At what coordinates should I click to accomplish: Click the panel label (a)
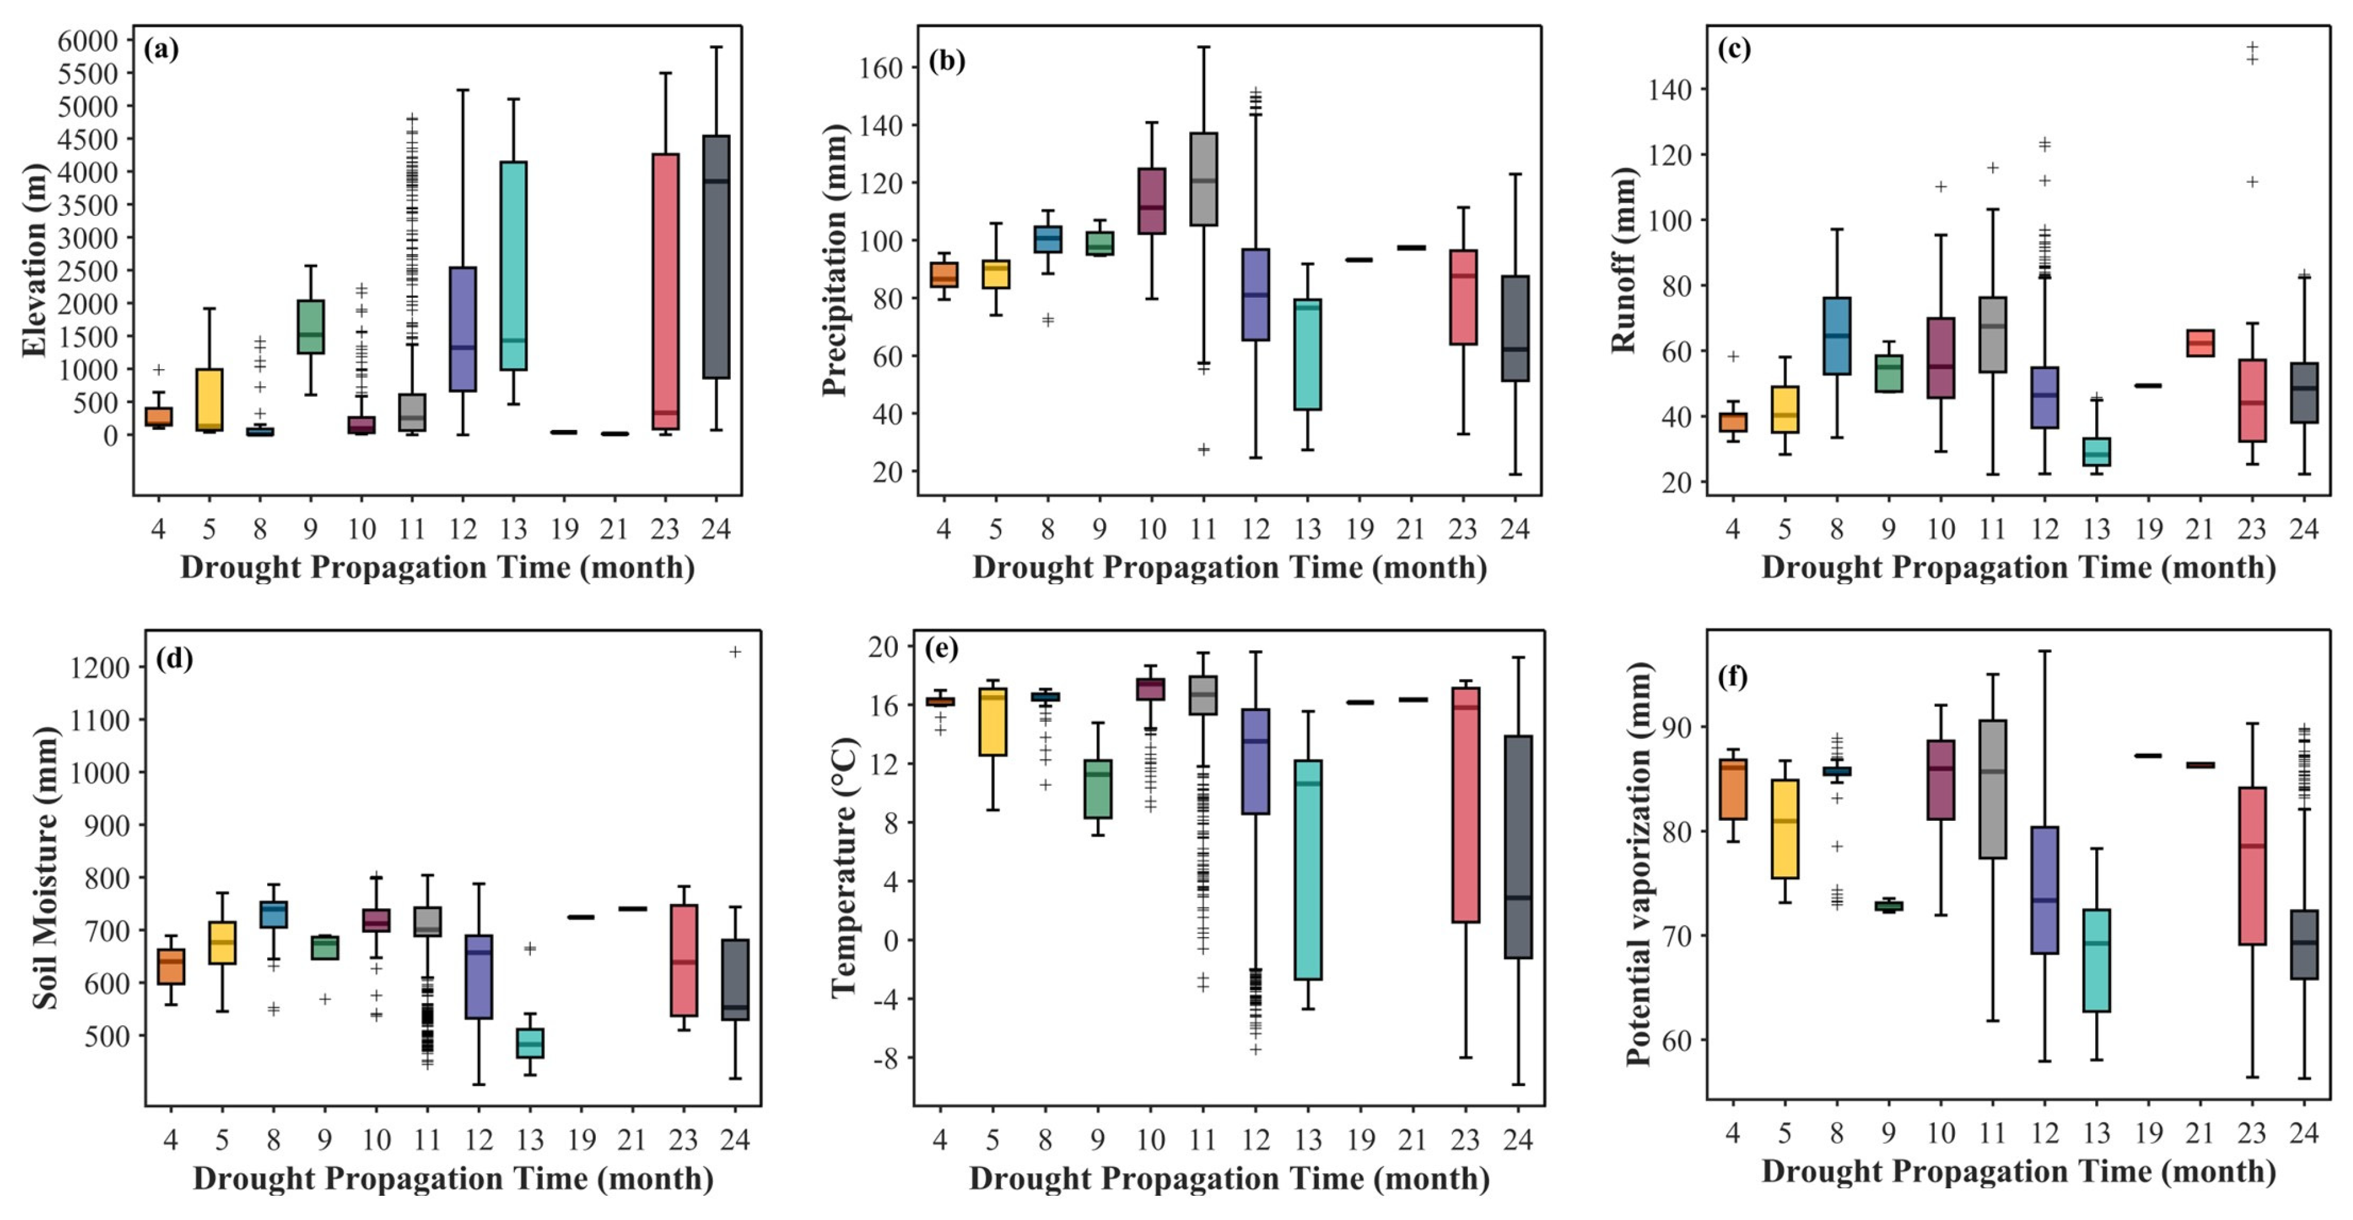(x=161, y=50)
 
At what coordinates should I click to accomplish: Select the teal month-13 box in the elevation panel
(x=513, y=265)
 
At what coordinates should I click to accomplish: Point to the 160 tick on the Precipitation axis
(x=881, y=68)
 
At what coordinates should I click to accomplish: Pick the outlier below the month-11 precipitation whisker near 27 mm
(x=1204, y=449)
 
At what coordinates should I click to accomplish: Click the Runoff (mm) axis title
(x=1623, y=259)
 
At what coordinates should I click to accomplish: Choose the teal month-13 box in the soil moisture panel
(x=530, y=1043)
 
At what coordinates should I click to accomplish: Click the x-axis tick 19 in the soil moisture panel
(x=581, y=1140)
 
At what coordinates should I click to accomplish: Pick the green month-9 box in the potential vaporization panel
(x=1889, y=906)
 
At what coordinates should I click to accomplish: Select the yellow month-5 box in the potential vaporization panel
(x=1785, y=829)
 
